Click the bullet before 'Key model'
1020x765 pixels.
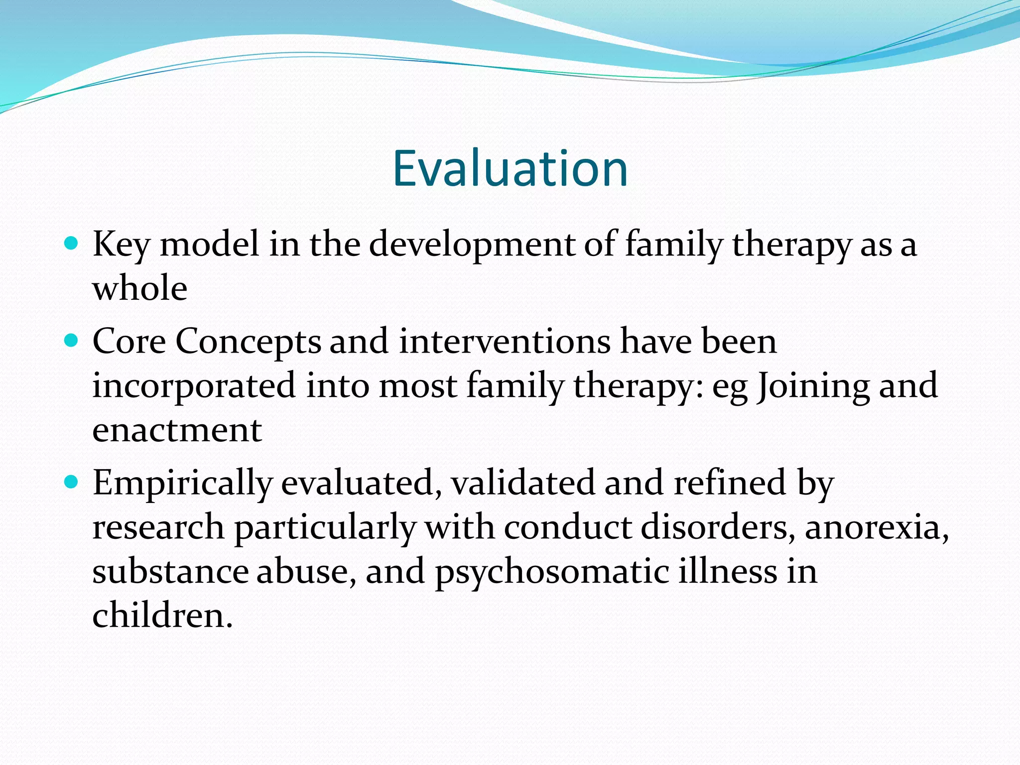(72, 244)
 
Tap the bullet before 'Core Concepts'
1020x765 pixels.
(72, 341)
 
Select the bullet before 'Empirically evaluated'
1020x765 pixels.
(72, 482)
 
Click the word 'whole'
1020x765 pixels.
(140, 288)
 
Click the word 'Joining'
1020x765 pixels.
(813, 386)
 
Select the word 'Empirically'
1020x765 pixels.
(182, 483)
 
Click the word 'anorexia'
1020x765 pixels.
(876, 527)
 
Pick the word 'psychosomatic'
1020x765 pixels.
(552, 572)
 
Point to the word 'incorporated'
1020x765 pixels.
(194, 386)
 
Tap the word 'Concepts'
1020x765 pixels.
(249, 342)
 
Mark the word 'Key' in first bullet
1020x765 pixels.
(121, 245)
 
